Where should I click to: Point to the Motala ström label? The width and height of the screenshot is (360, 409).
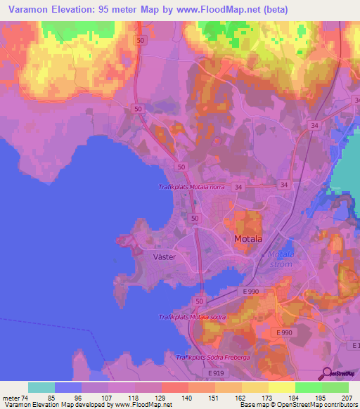[x=280, y=258]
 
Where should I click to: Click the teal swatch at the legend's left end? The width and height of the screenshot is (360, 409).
[x=41, y=387]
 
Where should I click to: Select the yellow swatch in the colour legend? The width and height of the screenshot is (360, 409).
[x=281, y=387]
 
